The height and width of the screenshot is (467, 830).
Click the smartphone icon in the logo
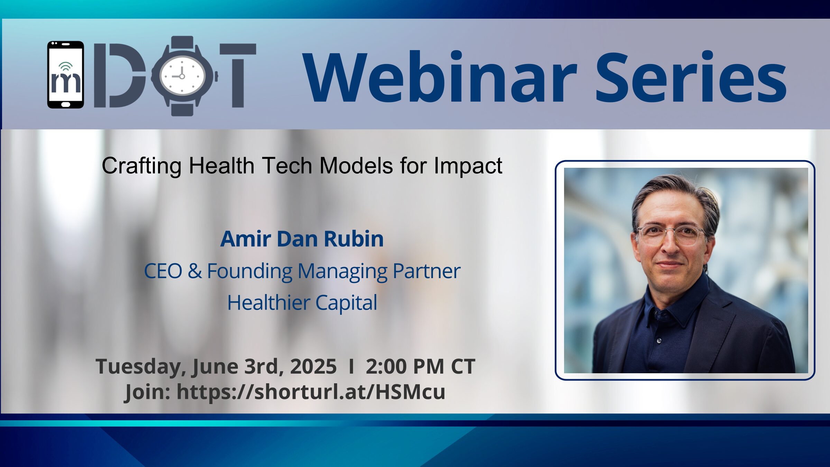[x=66, y=75]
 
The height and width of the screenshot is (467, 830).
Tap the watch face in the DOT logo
[x=182, y=76]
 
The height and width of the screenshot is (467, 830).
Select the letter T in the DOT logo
[x=238, y=75]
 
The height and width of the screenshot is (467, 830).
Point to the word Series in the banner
[x=691, y=77]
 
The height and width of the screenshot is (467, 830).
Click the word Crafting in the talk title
[x=141, y=166]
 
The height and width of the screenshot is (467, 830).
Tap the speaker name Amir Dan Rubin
[x=302, y=239]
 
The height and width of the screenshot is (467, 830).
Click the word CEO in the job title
[x=163, y=271]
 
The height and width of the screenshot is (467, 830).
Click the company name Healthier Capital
[x=302, y=303]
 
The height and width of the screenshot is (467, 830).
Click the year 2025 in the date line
[x=313, y=366]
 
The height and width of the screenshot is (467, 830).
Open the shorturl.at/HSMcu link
[x=311, y=392]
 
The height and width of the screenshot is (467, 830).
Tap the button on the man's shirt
[x=659, y=341]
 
